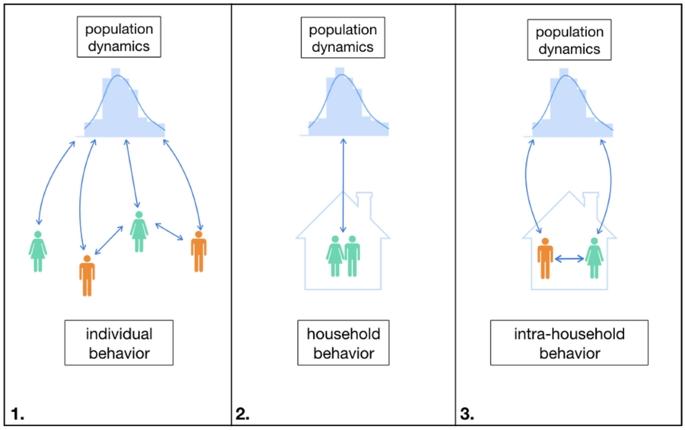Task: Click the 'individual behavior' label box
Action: point(119,343)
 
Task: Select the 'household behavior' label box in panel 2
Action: point(343,343)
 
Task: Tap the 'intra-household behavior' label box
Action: point(569,343)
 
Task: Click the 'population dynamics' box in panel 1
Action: point(119,37)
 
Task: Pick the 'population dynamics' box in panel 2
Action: point(343,38)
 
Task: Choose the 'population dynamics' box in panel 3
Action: point(569,40)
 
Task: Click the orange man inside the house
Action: point(545,258)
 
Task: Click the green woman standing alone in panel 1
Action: point(38,251)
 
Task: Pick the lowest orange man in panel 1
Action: point(87,275)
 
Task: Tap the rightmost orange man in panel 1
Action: point(198,251)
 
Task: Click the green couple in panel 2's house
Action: point(344,256)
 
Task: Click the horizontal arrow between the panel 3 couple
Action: point(570,258)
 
